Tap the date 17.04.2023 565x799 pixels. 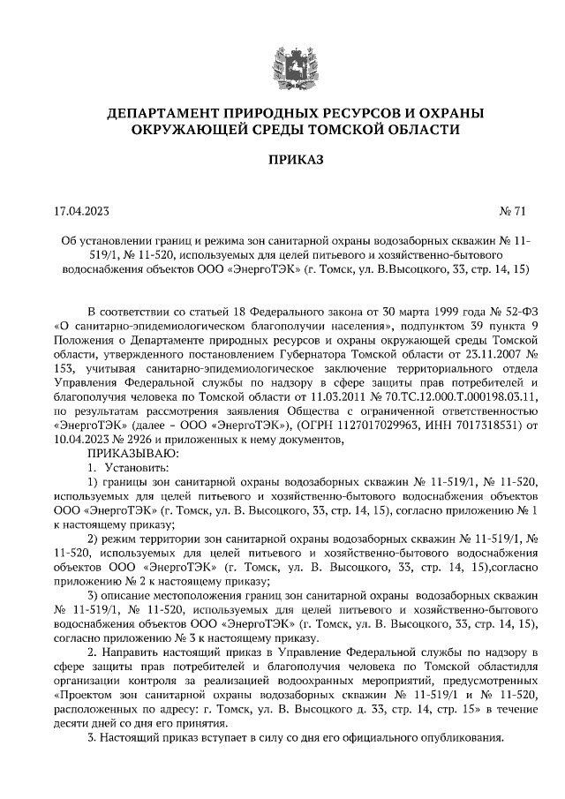click(80, 211)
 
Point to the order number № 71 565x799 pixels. click(513, 211)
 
